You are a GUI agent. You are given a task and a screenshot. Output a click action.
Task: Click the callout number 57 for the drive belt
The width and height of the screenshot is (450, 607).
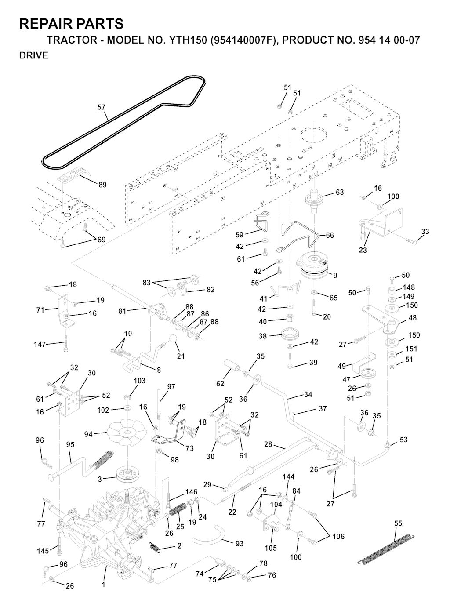(102, 107)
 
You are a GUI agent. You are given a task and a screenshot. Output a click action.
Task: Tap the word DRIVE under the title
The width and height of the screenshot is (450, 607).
(34, 56)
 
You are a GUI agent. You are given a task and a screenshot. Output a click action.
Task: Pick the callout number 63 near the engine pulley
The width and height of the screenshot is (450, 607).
(339, 192)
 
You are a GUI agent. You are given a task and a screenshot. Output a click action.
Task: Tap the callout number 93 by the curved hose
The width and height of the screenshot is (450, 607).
(239, 544)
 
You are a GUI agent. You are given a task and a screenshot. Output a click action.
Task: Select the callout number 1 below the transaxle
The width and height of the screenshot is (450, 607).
(104, 585)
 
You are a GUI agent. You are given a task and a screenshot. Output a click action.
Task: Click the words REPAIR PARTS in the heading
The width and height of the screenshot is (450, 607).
(71, 23)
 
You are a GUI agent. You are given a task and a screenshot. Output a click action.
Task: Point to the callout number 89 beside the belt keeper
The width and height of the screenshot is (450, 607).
(102, 185)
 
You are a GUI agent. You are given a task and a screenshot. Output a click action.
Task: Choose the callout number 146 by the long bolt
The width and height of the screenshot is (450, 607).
(191, 492)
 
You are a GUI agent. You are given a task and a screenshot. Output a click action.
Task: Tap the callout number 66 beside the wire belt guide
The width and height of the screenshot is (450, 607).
(330, 235)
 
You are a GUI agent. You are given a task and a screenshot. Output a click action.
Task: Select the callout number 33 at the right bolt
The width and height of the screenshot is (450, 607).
(425, 232)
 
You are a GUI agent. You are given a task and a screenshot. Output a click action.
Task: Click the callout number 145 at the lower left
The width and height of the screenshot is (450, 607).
(43, 550)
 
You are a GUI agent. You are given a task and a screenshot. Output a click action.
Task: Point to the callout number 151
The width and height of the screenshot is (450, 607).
(411, 349)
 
